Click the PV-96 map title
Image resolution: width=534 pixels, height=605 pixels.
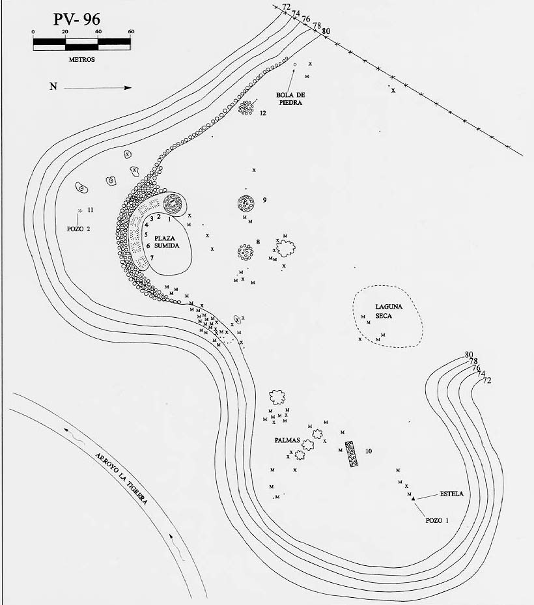pyautogui.click(x=76, y=20)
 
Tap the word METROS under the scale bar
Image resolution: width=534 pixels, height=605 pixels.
pyautogui.click(x=82, y=60)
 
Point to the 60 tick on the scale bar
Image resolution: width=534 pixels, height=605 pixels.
pyautogui.click(x=131, y=32)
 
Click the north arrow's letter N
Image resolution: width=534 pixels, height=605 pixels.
pyautogui.click(x=53, y=87)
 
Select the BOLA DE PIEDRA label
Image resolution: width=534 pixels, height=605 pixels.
pyautogui.click(x=290, y=99)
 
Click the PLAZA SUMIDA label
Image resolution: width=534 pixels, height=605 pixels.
pyautogui.click(x=167, y=242)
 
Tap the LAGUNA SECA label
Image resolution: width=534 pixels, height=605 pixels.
pyautogui.click(x=389, y=311)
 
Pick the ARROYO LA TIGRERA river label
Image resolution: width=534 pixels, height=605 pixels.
pyautogui.click(x=121, y=478)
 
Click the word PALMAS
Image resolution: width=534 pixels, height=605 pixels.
pyautogui.click(x=287, y=440)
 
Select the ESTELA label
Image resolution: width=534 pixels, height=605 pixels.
pyautogui.click(x=451, y=494)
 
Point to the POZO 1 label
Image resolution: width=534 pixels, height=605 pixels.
pyautogui.click(x=437, y=520)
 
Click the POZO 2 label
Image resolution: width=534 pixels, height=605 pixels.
pyautogui.click(x=78, y=229)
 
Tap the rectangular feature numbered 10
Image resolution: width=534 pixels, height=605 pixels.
pyautogui.click(x=352, y=454)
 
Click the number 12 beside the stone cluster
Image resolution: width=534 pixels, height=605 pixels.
pyautogui.click(x=262, y=113)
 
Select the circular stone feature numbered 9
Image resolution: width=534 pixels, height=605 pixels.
pyautogui.click(x=246, y=203)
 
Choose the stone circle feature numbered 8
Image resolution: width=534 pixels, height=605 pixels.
pyautogui.click(x=246, y=252)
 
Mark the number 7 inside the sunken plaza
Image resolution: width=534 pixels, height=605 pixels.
pyautogui.click(x=152, y=257)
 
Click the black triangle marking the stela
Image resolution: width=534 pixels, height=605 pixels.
pyautogui.click(x=414, y=499)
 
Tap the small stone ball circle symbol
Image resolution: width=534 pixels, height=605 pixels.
pyautogui.click(x=295, y=65)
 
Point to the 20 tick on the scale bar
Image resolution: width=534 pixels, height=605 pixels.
pyautogui.click(x=65, y=32)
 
